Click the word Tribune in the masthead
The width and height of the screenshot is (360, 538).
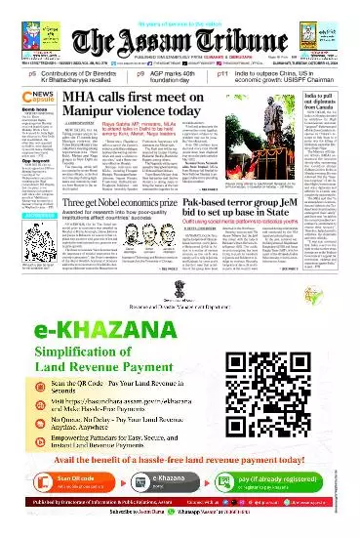click(239, 36)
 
